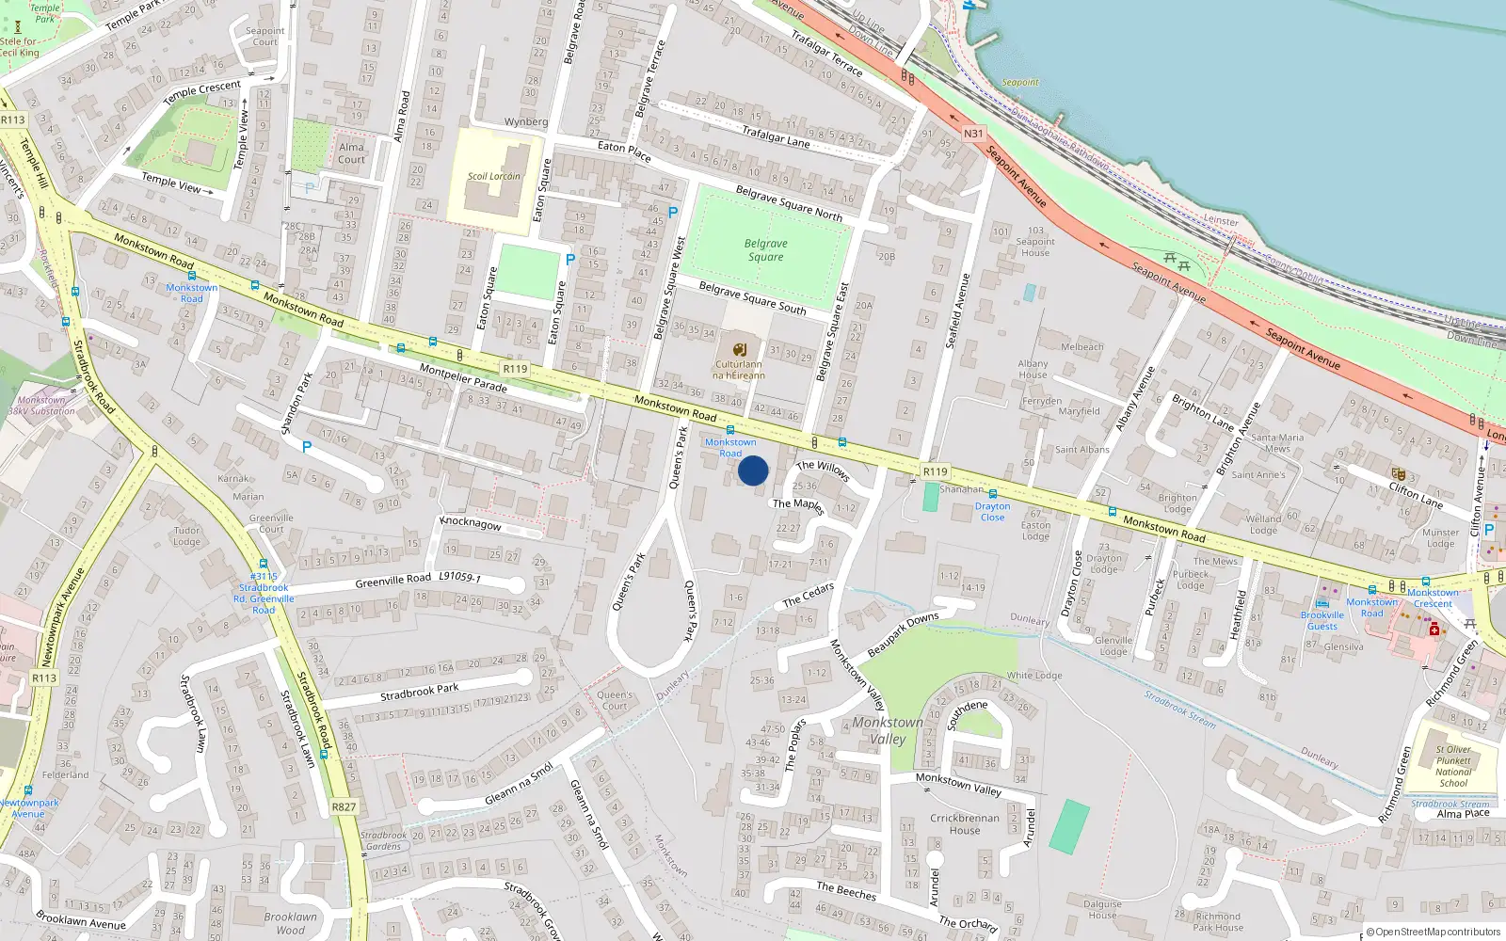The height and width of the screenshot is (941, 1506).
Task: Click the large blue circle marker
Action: [x=753, y=470]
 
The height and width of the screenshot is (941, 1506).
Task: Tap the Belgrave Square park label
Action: [x=766, y=250]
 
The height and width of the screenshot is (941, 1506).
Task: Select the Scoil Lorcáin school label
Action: [x=494, y=176]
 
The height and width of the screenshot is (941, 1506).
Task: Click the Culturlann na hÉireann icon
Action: [x=740, y=349]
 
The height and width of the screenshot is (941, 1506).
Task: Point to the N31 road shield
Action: [x=973, y=134]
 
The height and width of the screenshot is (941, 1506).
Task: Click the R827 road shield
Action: [x=344, y=807]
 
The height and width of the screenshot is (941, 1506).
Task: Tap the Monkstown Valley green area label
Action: [x=887, y=730]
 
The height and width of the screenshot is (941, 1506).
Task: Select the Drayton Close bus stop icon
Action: [x=992, y=494]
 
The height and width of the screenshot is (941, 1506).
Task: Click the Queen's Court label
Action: [x=615, y=700]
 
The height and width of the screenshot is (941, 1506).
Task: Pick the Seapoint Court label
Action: [x=265, y=36]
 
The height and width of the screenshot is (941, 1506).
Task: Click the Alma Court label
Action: [x=351, y=153]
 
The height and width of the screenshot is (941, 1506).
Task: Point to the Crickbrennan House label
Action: [x=965, y=824]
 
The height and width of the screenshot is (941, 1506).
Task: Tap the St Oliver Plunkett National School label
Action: [x=1453, y=766]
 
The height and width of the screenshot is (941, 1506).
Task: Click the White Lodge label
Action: [x=1034, y=675]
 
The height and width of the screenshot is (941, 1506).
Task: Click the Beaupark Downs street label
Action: [x=903, y=634]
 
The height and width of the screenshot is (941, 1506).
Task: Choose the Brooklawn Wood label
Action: [x=290, y=923]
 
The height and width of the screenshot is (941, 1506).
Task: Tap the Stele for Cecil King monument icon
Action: [x=17, y=28]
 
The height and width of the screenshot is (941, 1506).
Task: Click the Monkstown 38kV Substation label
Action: [x=41, y=406]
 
